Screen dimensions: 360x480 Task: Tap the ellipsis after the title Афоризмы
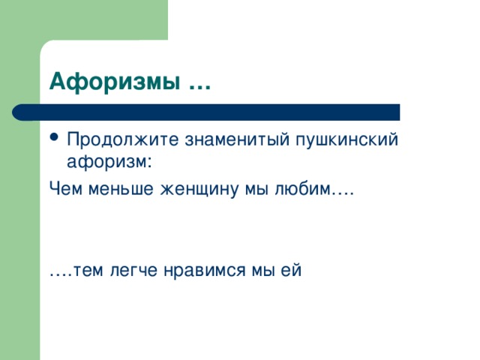click(198, 82)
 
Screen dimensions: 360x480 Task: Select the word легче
click(136, 271)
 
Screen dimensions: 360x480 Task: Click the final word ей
click(292, 271)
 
